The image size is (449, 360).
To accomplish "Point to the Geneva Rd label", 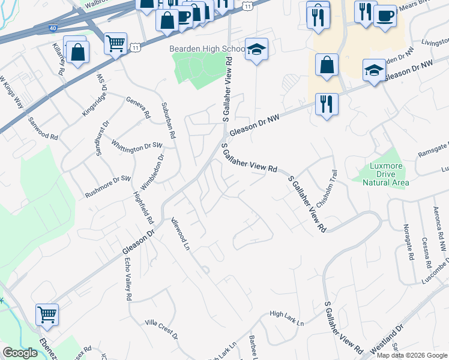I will (137, 107).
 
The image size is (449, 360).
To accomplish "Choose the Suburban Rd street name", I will (167, 121).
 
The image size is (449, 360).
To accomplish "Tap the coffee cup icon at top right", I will (385, 16).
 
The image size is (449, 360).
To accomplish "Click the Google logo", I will (20, 353).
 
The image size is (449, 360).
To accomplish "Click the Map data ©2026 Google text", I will (411, 355).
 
